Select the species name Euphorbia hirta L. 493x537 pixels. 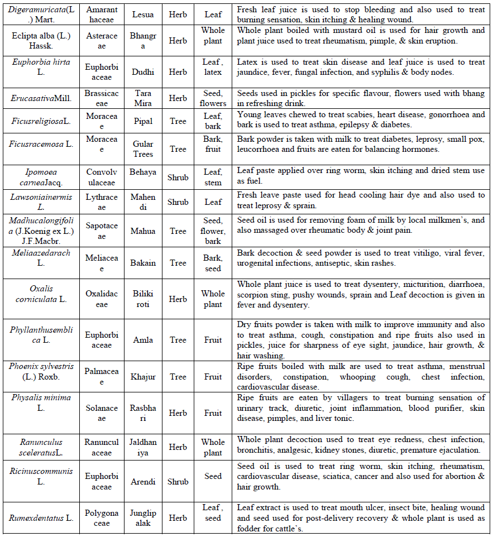(41, 67)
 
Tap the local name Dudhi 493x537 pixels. (143, 72)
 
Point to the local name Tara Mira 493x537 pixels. (143, 98)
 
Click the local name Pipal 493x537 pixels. (143, 120)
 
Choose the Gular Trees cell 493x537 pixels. (143, 149)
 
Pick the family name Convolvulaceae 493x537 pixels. (102, 178)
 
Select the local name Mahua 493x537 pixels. (143, 231)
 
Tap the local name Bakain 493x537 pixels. (143, 263)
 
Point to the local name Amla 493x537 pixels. (143, 340)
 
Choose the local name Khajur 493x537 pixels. (143, 377)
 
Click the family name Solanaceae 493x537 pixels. (102, 413)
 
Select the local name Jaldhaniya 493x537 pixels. (143, 447)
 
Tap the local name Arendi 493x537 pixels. (143, 482)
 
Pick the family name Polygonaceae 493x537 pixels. (102, 518)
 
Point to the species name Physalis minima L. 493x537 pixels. (41, 403)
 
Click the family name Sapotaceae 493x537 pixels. (102, 231)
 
